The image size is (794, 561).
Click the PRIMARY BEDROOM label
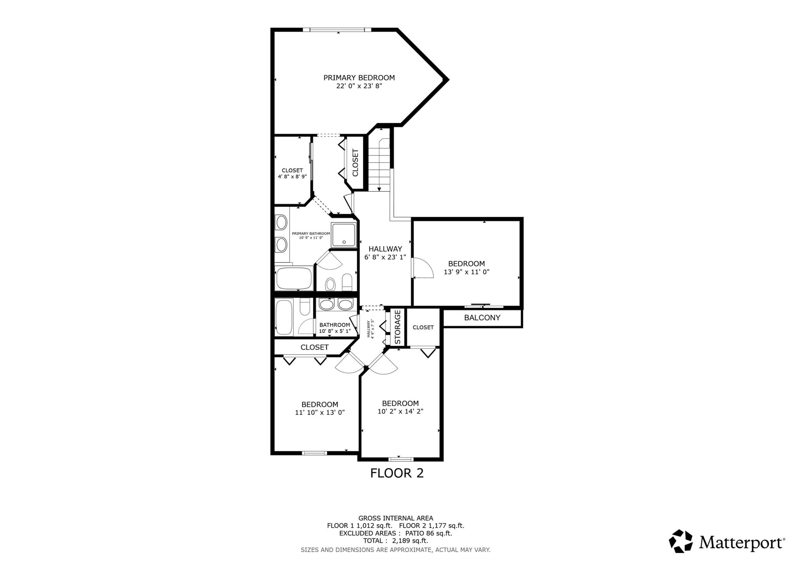click(359, 78)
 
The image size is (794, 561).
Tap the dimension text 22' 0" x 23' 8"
click(359, 86)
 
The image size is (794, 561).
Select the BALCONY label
click(482, 318)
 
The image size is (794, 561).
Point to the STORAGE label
click(397, 327)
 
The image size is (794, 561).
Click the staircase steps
click(379, 164)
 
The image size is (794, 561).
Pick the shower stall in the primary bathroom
click(343, 235)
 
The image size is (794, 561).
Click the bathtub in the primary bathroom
click(293, 278)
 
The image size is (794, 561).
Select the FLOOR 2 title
click(397, 473)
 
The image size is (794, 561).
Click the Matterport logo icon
click(681, 541)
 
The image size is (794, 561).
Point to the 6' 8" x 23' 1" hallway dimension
click(385, 257)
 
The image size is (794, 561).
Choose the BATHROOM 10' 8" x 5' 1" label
click(335, 328)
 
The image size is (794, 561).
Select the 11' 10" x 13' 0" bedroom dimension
click(320, 413)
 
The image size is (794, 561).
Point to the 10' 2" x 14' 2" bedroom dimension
click(400, 411)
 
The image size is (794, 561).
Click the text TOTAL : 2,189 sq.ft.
click(395, 541)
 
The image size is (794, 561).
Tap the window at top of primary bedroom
click(334, 29)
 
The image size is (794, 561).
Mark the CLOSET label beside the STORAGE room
click(423, 327)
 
